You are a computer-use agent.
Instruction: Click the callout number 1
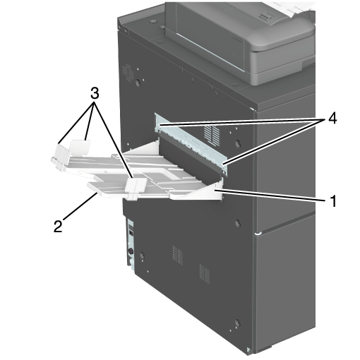point(333,201)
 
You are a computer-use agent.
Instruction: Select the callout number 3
point(95,94)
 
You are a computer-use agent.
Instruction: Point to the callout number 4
point(332,119)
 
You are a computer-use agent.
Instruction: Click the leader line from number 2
point(79,205)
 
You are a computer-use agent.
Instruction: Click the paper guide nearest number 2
point(136,188)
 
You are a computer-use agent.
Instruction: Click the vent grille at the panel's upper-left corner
point(128,73)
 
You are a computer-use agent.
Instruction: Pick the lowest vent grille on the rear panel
point(205,274)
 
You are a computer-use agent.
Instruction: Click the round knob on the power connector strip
point(131,252)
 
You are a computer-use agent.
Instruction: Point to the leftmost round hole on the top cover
point(152,22)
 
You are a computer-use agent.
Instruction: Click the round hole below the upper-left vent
point(138,82)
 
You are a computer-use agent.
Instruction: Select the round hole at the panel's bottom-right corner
point(237,323)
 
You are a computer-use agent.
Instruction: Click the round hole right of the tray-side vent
point(238,143)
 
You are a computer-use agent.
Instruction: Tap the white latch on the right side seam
point(258,234)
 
